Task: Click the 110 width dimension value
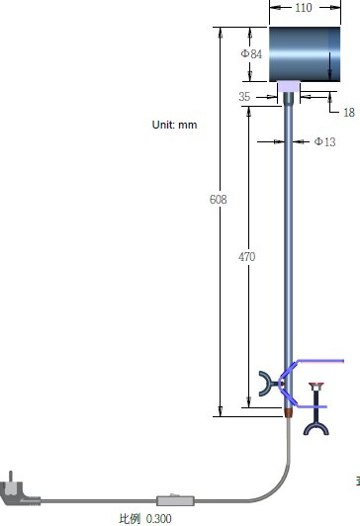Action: (x=304, y=7)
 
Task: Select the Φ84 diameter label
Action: (x=251, y=53)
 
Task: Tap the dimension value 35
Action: (x=244, y=97)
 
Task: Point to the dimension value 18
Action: (x=349, y=112)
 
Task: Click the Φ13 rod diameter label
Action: (x=324, y=141)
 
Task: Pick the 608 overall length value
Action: (x=219, y=200)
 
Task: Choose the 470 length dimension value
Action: (x=246, y=257)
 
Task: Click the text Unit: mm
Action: (x=174, y=125)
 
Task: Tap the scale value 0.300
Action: (x=158, y=519)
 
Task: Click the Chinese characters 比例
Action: (x=130, y=519)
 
